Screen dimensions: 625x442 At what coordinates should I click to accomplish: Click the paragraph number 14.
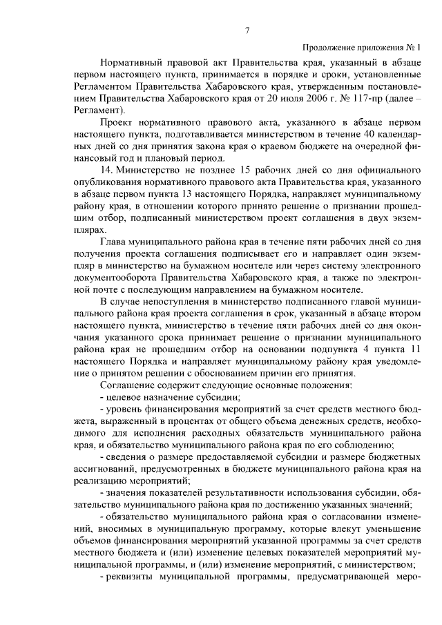point(106,169)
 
